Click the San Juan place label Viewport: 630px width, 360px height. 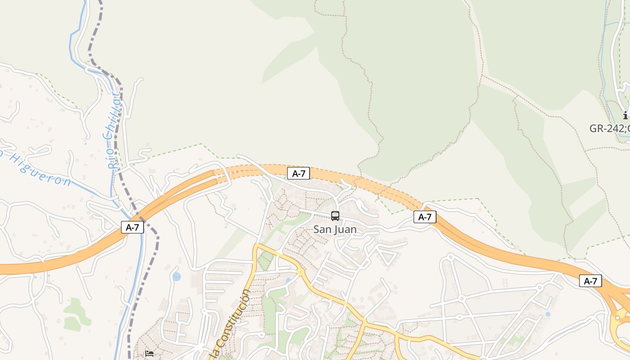coord(335,229)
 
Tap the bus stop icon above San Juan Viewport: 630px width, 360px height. coord(335,216)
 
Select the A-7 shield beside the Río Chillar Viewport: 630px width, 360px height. coord(132,227)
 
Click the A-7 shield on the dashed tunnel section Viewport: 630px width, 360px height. coord(298,173)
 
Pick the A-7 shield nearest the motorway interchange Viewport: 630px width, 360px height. coord(590,281)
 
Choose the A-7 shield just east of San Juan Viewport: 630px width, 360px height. coord(425,217)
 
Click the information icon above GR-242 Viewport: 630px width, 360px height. coord(625,115)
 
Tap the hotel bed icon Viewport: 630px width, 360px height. coord(149,354)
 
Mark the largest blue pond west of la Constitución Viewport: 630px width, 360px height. coord(177,276)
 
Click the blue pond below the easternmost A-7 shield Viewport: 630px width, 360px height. coord(548,314)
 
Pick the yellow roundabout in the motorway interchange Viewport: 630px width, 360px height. coord(617,319)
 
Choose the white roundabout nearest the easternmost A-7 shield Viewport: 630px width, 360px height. coord(540,287)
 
